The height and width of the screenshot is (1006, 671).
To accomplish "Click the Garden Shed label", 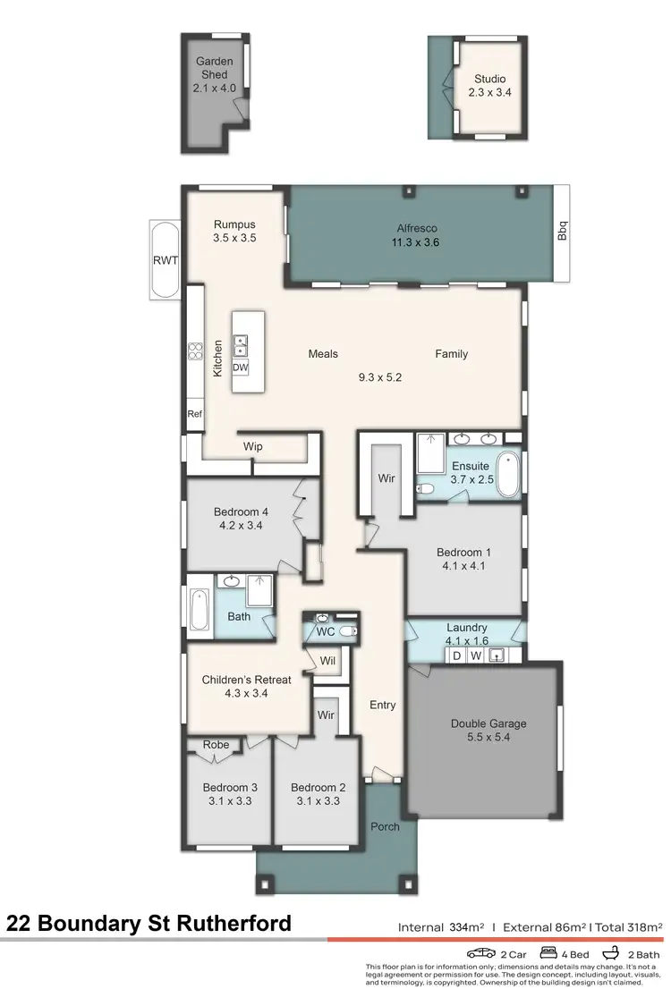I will tap(215, 68).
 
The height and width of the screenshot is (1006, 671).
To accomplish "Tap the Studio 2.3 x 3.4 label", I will tap(489, 85).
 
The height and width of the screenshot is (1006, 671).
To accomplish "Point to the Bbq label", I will tap(562, 231).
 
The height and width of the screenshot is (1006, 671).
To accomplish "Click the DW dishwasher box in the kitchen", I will tap(241, 368).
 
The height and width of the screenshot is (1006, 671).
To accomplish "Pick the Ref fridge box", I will tap(194, 414).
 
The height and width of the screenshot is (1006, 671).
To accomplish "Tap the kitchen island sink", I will tap(241, 344).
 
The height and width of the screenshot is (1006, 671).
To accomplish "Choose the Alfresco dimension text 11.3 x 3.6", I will tap(415, 241).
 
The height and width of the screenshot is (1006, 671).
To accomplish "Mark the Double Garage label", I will tap(488, 723).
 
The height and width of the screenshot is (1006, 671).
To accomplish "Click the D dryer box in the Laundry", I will tap(456, 656).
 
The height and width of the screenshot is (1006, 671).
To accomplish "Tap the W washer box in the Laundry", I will tap(476, 656).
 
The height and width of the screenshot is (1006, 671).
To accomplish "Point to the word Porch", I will tap(385, 826).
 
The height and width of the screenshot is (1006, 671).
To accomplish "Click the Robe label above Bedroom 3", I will tap(216, 744).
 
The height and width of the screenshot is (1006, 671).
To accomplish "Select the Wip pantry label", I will tap(252, 445).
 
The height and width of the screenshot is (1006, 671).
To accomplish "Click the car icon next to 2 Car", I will tap(480, 953).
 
